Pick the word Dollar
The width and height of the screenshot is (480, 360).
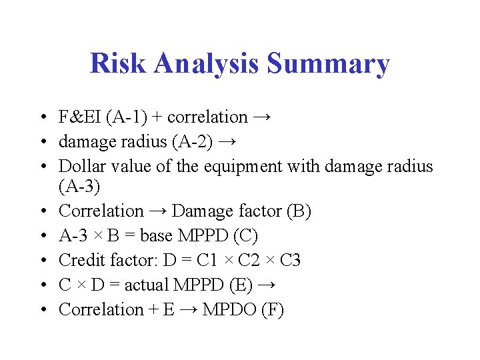click(80, 166)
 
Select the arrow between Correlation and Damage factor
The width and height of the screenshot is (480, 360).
click(158, 211)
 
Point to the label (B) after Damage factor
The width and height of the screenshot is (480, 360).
click(298, 211)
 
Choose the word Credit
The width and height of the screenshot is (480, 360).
click(79, 260)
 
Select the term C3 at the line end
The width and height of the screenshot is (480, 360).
click(290, 260)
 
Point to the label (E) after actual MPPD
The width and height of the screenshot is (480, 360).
click(240, 285)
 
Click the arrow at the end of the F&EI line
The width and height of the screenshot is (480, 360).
click(262, 117)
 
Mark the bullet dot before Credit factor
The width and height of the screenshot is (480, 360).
click(43, 260)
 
